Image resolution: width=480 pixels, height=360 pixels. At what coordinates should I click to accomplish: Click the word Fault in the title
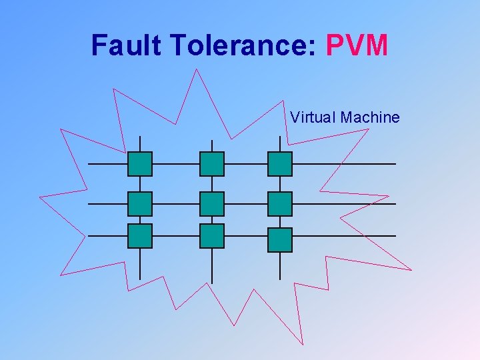click(x=127, y=45)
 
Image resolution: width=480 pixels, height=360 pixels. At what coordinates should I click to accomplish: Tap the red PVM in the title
click(x=357, y=45)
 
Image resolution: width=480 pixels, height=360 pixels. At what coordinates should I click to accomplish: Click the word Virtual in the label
click(x=313, y=118)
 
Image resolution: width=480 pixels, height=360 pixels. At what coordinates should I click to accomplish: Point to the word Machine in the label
click(x=370, y=118)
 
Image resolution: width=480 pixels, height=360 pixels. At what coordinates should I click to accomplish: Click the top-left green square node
click(x=140, y=164)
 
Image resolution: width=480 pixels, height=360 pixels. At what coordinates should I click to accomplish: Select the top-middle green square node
click(x=212, y=164)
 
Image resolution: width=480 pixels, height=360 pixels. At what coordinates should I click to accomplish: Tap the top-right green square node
click(x=280, y=164)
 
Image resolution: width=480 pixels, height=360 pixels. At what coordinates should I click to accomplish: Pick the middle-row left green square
click(x=140, y=204)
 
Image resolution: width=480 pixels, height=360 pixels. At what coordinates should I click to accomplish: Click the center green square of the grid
click(x=212, y=204)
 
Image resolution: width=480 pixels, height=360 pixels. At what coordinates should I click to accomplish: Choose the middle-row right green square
click(x=280, y=204)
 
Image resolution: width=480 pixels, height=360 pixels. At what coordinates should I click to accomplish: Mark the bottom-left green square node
click(x=140, y=236)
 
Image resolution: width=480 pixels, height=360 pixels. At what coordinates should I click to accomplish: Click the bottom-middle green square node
click(x=212, y=236)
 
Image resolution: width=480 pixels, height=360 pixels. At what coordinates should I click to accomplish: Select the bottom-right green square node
click(x=280, y=239)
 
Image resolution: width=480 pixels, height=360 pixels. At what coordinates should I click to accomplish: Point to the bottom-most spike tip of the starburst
click(x=304, y=345)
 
